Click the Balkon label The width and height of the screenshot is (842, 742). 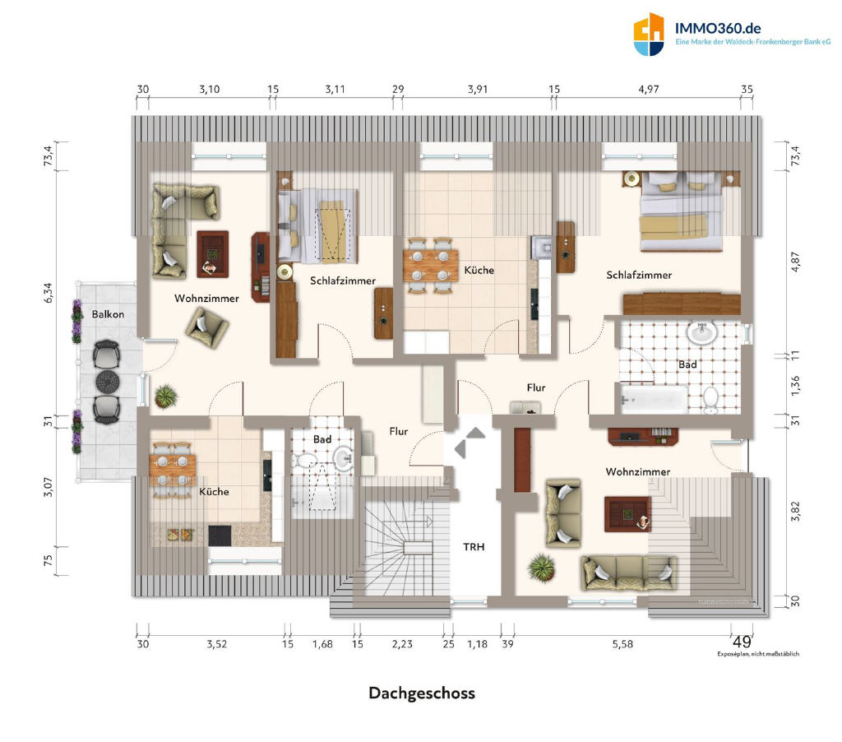tap(108, 314)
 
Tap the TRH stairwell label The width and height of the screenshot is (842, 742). tap(474, 547)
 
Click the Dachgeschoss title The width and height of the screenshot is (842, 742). tap(422, 693)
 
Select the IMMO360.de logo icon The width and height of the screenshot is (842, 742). tap(649, 34)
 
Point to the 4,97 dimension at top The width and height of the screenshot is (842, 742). tap(648, 89)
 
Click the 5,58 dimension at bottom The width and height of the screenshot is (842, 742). tap(622, 643)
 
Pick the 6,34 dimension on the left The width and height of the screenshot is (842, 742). tap(49, 293)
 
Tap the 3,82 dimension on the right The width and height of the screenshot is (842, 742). tap(795, 511)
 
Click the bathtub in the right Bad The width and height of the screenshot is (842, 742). tap(654, 400)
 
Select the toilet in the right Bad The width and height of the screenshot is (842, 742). tap(710, 401)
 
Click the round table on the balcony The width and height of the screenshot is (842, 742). tap(108, 382)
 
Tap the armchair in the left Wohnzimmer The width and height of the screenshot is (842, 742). tap(207, 327)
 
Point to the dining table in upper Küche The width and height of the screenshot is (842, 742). tap(431, 266)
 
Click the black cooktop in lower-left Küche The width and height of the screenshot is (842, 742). tap(220, 536)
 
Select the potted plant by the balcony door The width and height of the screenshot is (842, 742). tap(166, 397)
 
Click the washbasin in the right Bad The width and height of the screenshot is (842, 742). tap(702, 332)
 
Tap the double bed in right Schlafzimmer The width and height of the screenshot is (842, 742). tap(680, 211)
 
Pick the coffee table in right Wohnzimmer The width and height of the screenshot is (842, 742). tap(627, 514)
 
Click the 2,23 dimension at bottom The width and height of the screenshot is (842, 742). tap(401, 643)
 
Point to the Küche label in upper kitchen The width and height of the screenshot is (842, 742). tap(479, 271)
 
